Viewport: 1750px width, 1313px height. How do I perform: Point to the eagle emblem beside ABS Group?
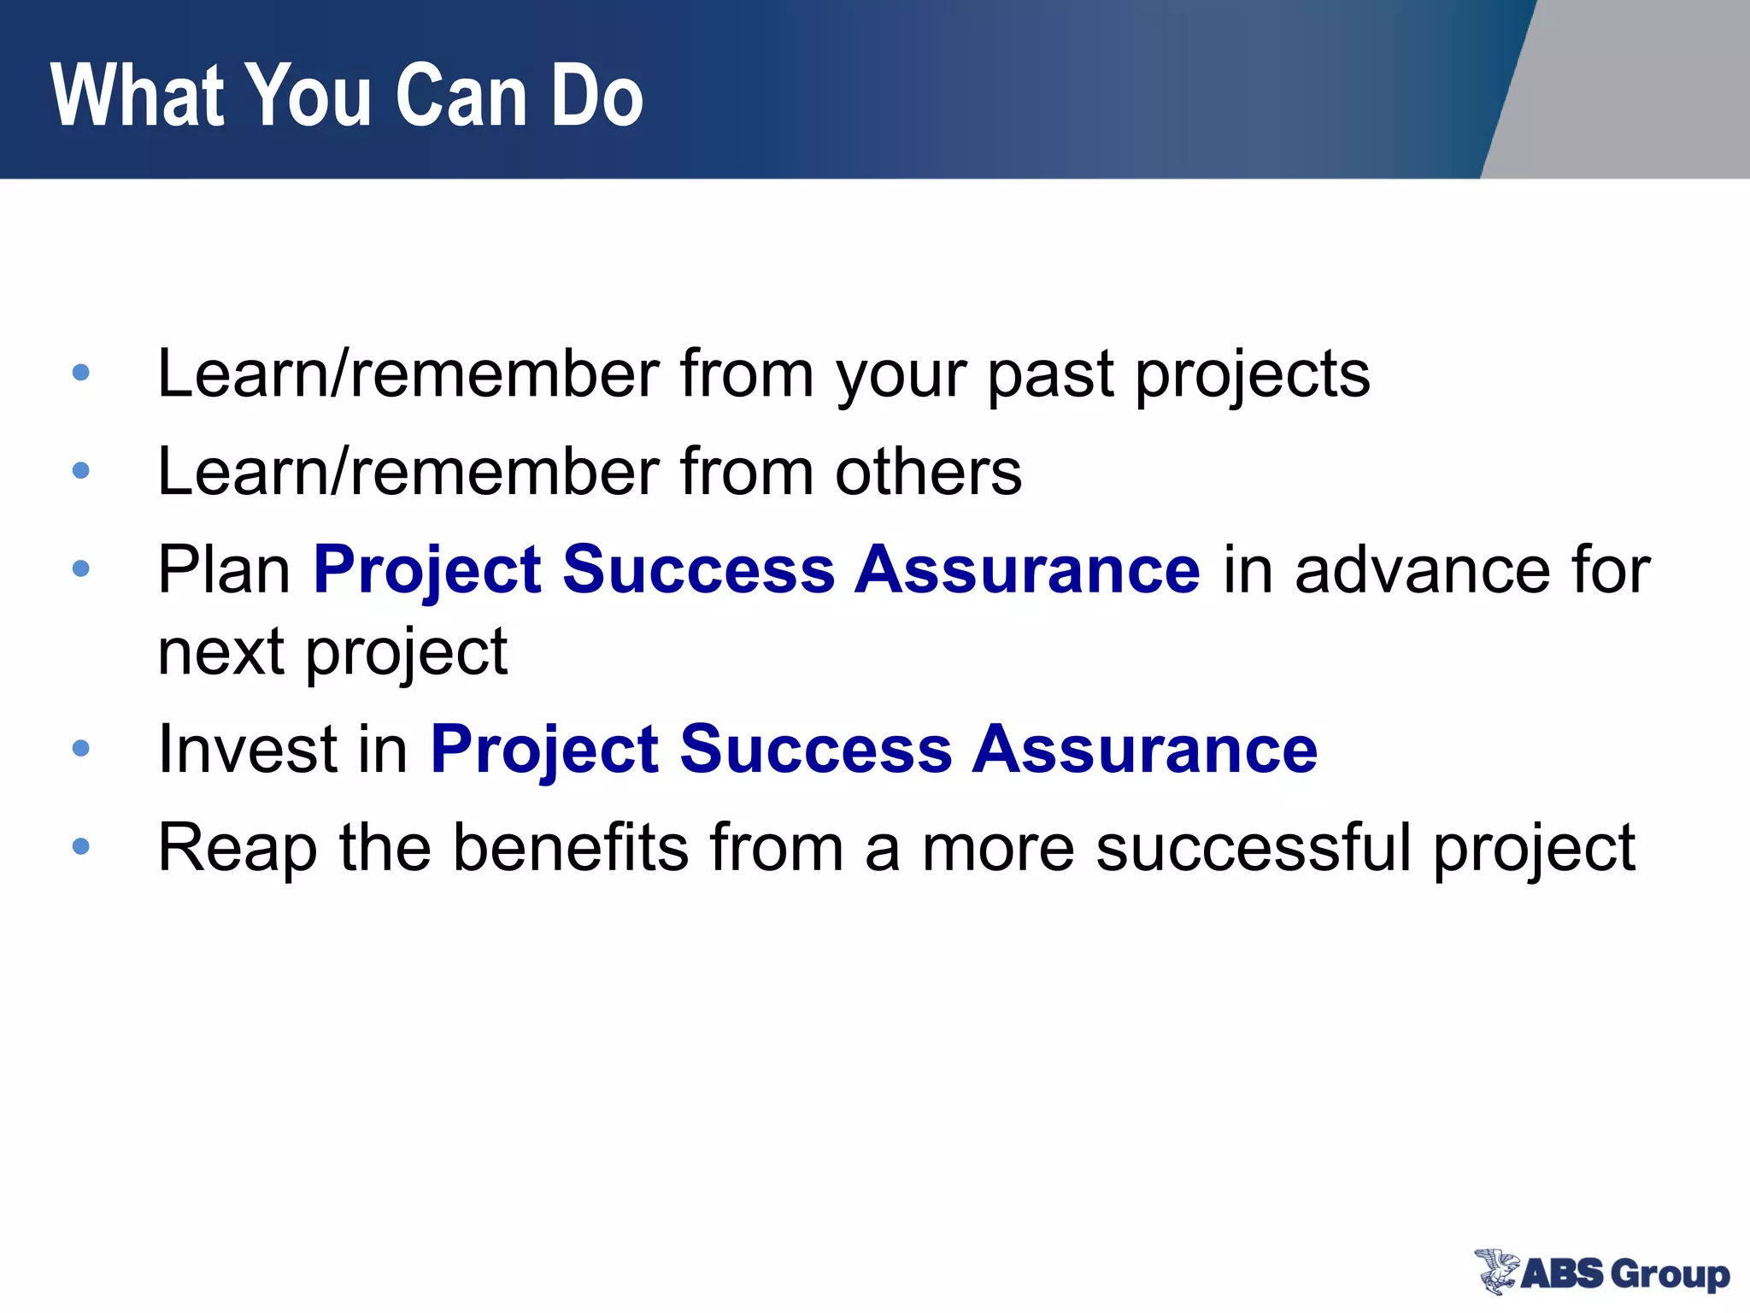(x=1495, y=1271)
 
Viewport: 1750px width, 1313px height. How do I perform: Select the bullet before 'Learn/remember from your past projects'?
(x=81, y=373)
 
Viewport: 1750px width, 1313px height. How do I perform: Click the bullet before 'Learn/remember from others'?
(x=81, y=470)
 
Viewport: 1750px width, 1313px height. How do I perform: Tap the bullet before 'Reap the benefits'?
(x=81, y=846)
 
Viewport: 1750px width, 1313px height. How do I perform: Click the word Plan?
(x=224, y=570)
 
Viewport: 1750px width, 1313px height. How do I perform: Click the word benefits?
(x=570, y=847)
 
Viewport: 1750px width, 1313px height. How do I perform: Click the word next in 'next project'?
(x=220, y=652)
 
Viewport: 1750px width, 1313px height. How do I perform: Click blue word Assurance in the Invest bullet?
(x=1145, y=750)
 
